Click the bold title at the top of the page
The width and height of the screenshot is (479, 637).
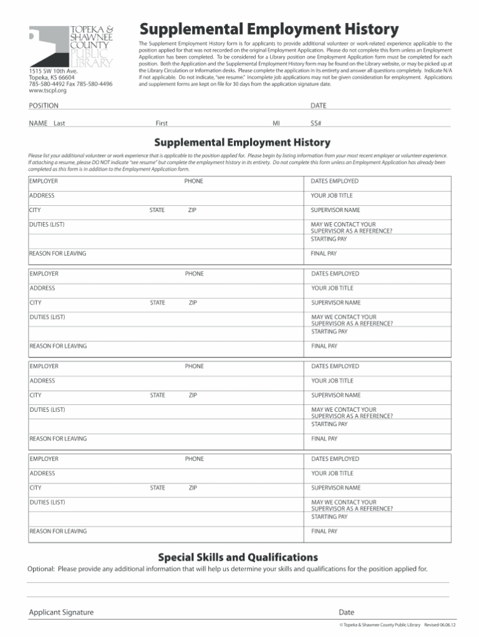269,29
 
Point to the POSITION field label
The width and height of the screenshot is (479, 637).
44,106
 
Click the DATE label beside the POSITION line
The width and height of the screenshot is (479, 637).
318,106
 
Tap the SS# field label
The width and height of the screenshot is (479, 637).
316,123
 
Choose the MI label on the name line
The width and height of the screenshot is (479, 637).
276,123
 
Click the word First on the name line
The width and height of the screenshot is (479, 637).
161,123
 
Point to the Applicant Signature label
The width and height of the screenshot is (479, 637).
61,613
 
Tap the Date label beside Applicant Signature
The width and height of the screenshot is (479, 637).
346,613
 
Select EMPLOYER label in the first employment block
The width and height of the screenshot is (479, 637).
44,181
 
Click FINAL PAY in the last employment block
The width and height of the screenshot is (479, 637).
324,532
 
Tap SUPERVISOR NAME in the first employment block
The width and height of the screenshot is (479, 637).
336,210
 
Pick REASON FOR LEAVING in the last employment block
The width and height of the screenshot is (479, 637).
59,532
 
